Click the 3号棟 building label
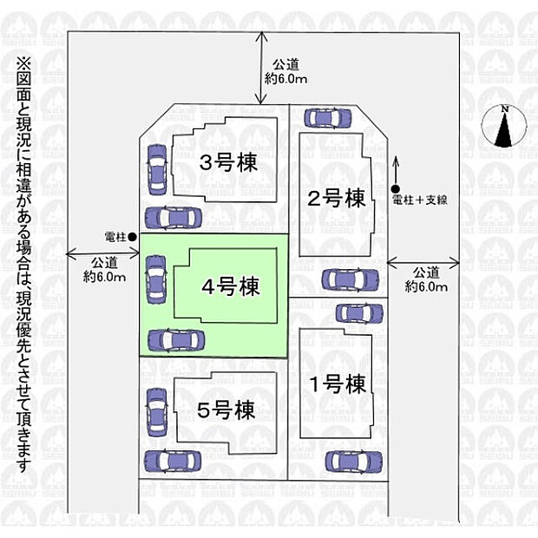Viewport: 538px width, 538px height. click(228, 163)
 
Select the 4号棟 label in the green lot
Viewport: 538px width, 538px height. click(229, 285)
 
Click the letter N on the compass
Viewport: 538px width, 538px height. click(503, 109)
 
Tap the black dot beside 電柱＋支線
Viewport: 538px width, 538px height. click(395, 190)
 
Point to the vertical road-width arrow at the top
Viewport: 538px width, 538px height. click(262, 68)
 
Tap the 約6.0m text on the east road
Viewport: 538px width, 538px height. click(426, 286)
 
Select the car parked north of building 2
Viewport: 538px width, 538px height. click(329, 117)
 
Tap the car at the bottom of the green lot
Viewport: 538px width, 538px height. click(176, 339)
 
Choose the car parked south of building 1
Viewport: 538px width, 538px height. click(351, 462)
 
